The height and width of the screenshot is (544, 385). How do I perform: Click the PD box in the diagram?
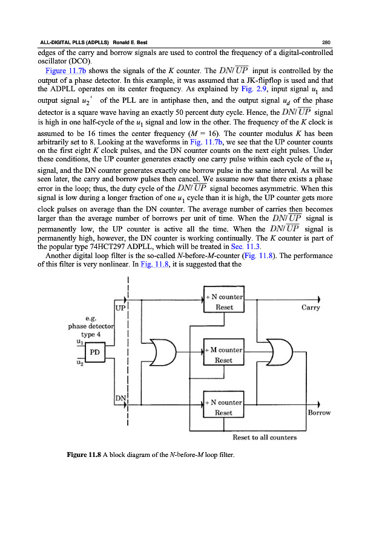(x=94, y=352)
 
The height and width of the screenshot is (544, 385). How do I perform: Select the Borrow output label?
(x=319, y=413)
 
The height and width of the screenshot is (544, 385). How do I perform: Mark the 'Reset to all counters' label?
(x=265, y=438)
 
